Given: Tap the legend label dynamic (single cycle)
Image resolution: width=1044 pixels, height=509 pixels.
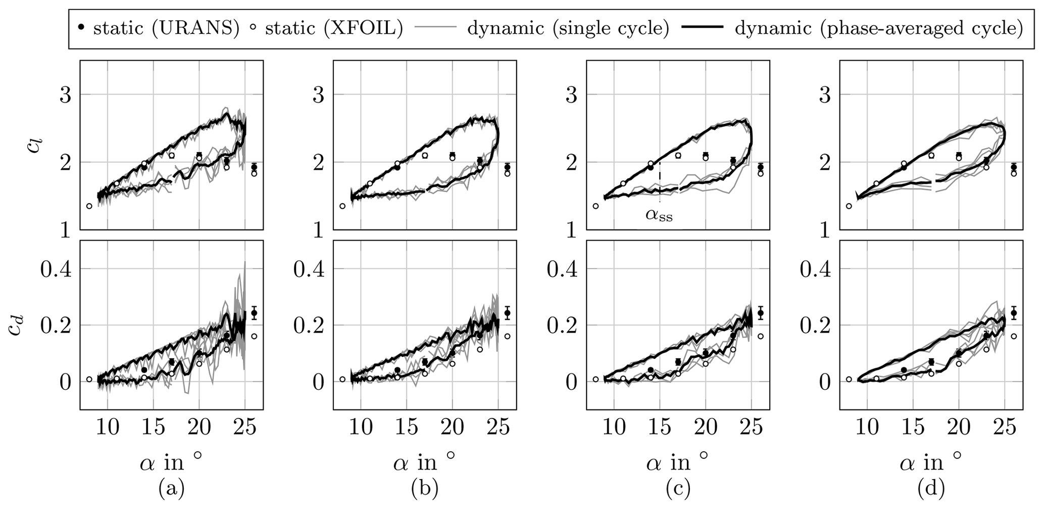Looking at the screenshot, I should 568,28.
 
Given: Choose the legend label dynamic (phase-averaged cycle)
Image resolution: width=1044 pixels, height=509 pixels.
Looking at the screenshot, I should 879,28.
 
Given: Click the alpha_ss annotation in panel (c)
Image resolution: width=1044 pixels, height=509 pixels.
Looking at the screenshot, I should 659,215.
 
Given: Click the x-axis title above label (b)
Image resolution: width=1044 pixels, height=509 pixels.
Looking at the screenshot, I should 424,461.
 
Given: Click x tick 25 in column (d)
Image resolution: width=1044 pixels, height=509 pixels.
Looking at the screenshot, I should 1004,429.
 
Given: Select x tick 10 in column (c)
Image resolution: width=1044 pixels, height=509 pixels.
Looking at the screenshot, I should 614,429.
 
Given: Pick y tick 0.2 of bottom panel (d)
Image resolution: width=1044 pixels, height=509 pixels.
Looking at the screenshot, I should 815,325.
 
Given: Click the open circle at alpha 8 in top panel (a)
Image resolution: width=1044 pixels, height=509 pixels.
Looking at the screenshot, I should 89,206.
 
